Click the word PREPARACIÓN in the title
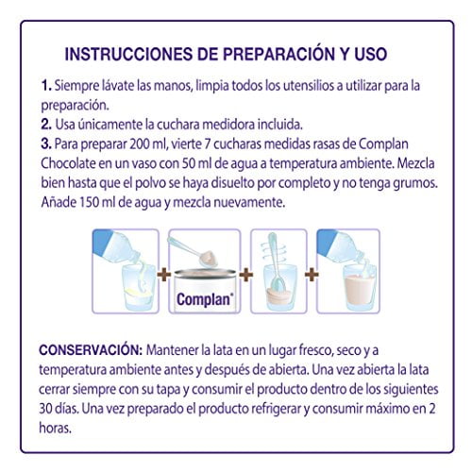[276, 54]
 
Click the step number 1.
[46, 86]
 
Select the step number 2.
[46, 125]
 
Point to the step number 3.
[46, 144]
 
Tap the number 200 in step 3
[140, 144]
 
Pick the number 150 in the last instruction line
[90, 202]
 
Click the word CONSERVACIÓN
[91, 350]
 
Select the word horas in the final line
[55, 428]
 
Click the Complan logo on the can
[205, 299]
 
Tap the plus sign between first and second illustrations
[164, 275]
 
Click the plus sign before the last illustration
[312, 275]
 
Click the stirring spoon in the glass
[276, 261]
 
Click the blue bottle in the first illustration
[116, 246]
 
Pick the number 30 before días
[45, 409]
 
